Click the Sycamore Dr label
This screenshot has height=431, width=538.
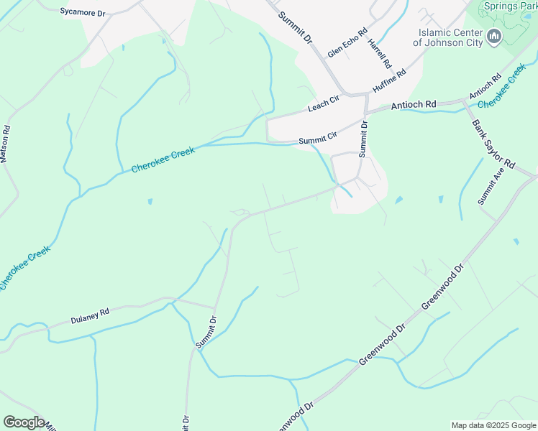click(x=83, y=11)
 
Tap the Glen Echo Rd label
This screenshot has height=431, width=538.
click(x=347, y=43)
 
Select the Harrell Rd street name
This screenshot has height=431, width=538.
click(x=379, y=53)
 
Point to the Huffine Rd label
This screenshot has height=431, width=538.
click(x=389, y=80)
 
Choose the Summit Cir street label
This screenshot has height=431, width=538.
click(x=318, y=137)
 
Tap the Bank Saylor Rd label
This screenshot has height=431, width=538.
click(x=494, y=144)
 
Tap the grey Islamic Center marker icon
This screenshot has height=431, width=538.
click(x=494, y=37)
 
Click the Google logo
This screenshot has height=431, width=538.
click(x=24, y=422)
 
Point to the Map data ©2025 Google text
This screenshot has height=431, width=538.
click(x=493, y=425)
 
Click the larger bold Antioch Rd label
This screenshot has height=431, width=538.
click(x=414, y=105)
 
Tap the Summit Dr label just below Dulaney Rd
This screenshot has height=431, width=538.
click(x=206, y=332)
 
